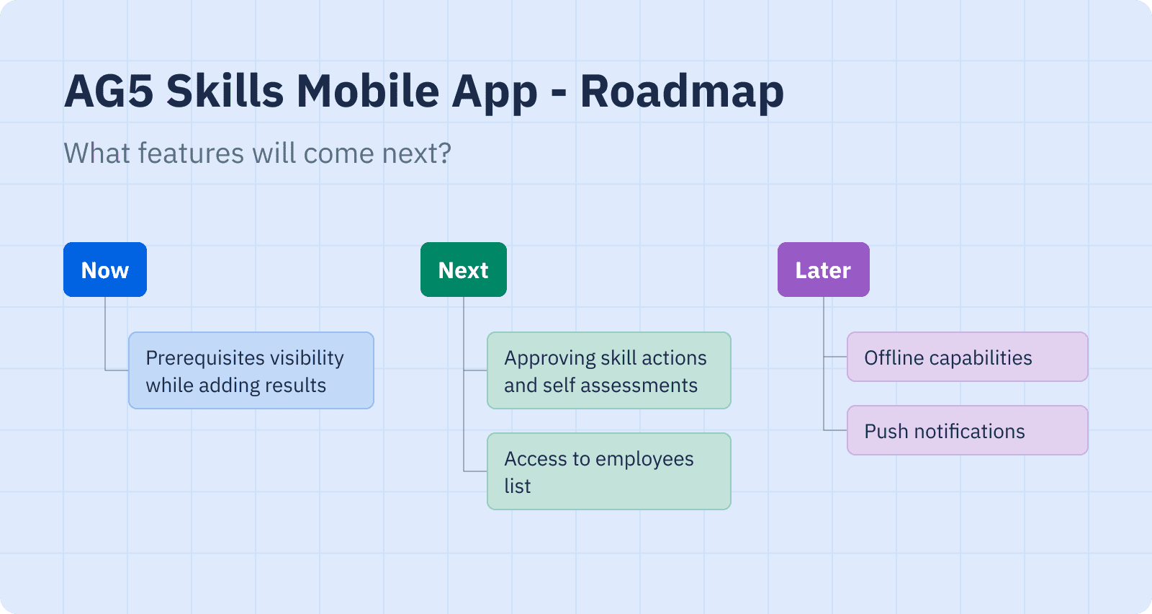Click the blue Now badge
[105, 270]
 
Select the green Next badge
[464, 270]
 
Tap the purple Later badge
[824, 270]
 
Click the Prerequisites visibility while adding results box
[251, 370]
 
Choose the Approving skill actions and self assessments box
[609, 370]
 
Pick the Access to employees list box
[609, 471]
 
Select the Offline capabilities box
[968, 357]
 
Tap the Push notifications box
[968, 430]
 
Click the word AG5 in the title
[109, 91]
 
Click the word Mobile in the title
[367, 91]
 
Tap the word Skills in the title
[225, 91]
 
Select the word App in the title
[495, 94]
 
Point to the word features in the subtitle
[191, 153]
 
